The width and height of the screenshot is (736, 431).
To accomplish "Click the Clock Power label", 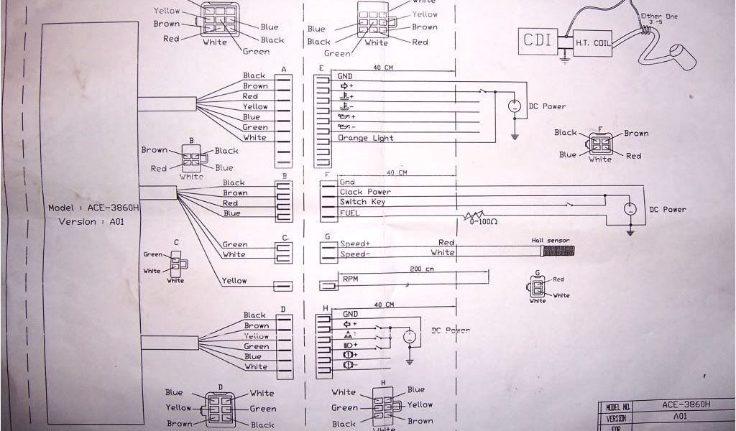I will pyautogui.click(x=366, y=192).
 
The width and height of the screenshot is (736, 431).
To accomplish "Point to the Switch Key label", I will pyautogui.click(x=364, y=202).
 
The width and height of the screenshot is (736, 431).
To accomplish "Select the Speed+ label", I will pyautogui.click(x=356, y=244).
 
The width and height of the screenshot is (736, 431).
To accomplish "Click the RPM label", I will pyautogui.click(x=350, y=278).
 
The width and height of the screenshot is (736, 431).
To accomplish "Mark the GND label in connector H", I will pyautogui.click(x=350, y=314).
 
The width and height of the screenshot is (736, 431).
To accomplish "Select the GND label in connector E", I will pyautogui.click(x=345, y=75).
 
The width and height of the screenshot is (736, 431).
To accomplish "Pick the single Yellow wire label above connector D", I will pyautogui.click(x=234, y=280).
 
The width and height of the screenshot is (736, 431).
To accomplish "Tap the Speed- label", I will pyautogui.click(x=356, y=254).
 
